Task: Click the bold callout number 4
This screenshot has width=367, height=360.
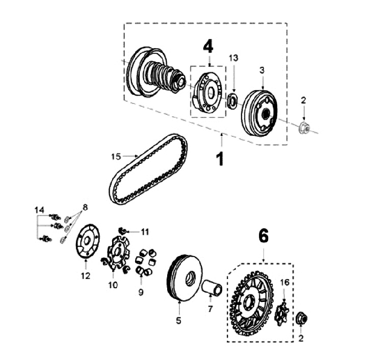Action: click(208, 47)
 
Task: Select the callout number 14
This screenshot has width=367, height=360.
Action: click(39, 210)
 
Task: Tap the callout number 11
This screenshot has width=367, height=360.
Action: click(145, 232)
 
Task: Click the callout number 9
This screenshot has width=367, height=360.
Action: click(141, 292)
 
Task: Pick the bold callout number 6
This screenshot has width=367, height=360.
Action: click(263, 235)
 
